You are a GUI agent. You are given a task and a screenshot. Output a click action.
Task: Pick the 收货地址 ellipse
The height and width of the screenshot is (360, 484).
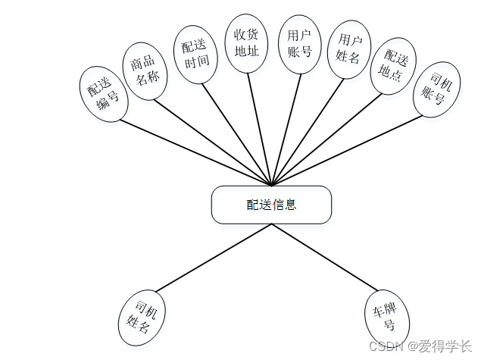click(247, 43)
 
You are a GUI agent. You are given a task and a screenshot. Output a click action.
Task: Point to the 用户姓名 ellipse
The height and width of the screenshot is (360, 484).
click(348, 49)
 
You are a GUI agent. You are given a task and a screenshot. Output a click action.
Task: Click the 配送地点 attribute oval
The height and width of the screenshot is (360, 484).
click(396, 67)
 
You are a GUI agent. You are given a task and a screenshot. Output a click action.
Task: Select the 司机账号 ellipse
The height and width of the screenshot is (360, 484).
click(439, 89)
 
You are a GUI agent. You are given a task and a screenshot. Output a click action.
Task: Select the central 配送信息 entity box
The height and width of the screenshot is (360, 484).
click(271, 205)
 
